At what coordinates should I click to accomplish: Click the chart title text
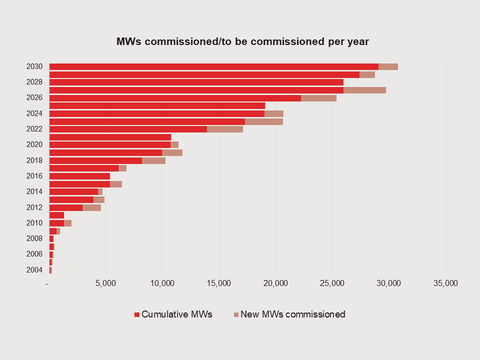click(242, 41)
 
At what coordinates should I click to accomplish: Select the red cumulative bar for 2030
click(214, 66)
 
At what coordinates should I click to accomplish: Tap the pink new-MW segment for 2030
click(388, 66)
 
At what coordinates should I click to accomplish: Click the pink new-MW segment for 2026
click(318, 98)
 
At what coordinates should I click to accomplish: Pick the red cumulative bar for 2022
click(128, 129)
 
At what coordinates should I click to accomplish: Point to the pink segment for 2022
click(225, 129)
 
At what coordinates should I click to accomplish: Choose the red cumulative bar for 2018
click(95, 160)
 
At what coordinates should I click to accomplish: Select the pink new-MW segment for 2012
click(91, 207)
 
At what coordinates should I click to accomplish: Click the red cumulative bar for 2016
click(79, 176)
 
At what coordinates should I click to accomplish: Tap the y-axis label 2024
click(34, 113)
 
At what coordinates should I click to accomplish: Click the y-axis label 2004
click(34, 270)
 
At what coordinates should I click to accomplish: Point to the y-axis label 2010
click(34, 223)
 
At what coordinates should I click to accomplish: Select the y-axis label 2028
click(34, 82)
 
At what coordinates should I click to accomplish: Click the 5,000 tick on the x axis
click(105, 283)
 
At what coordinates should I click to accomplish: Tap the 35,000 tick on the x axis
click(445, 283)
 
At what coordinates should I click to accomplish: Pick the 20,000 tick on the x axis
click(275, 283)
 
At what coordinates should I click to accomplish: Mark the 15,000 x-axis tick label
click(218, 283)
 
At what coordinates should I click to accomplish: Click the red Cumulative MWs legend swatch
click(137, 315)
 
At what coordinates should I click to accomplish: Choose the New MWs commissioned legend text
click(292, 314)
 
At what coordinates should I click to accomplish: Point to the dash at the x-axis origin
click(47, 283)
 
